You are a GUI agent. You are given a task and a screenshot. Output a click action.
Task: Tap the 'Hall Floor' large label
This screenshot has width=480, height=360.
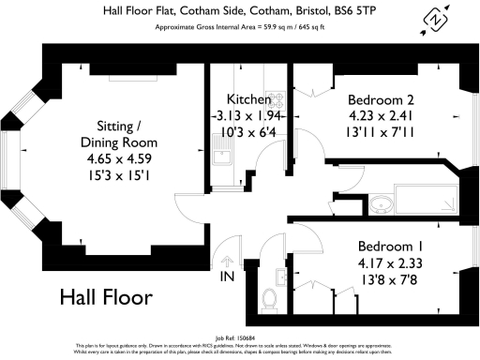(x=105, y=298)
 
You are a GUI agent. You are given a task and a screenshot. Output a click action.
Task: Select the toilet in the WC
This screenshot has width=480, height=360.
(x=270, y=299)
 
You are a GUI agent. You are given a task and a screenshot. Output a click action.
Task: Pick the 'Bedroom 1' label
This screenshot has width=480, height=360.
(x=390, y=246)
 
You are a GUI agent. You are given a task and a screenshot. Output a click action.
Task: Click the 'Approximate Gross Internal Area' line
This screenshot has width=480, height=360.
(x=240, y=26)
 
